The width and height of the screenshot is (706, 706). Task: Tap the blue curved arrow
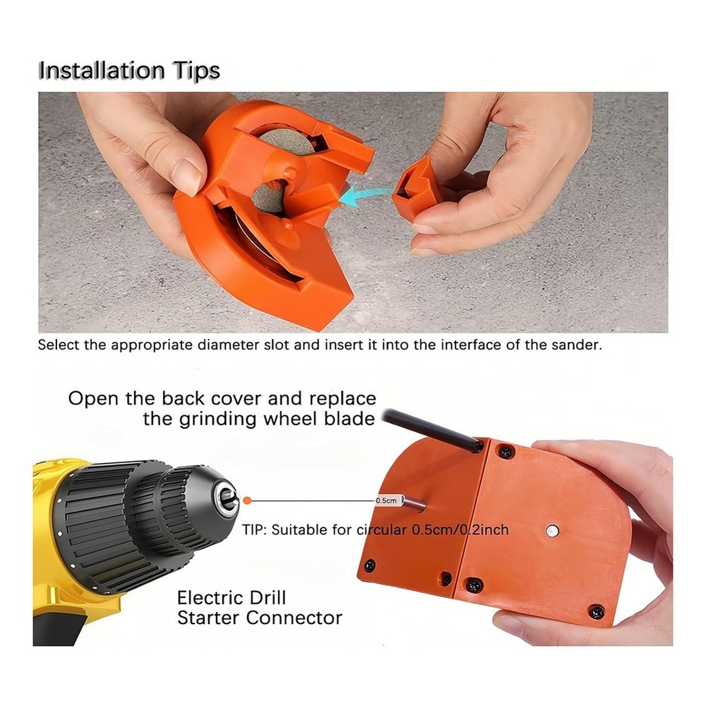pos(364,196)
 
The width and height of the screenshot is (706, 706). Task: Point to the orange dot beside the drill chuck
pos(246,500)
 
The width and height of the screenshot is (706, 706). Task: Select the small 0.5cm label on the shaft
pos(385,500)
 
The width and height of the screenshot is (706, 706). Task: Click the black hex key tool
pos(431,429)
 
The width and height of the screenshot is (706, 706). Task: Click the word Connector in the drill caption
pos(294,618)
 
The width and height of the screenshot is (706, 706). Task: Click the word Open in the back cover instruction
pos(92,398)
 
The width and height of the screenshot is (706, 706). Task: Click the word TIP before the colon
pos(253,529)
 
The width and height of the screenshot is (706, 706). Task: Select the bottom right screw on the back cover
pos(597,611)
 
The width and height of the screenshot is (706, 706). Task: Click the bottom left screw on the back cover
pos(369,565)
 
